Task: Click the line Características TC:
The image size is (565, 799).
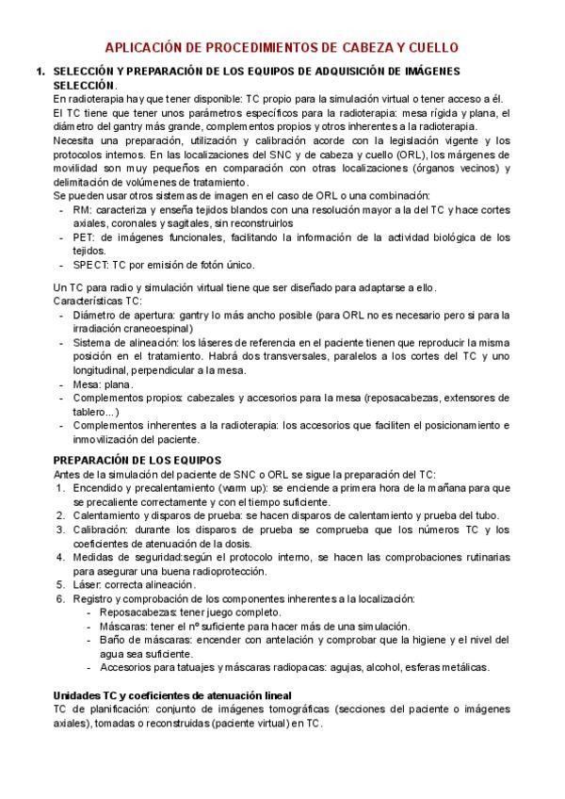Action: pos(98,300)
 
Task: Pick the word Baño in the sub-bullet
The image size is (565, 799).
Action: pos(113,640)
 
